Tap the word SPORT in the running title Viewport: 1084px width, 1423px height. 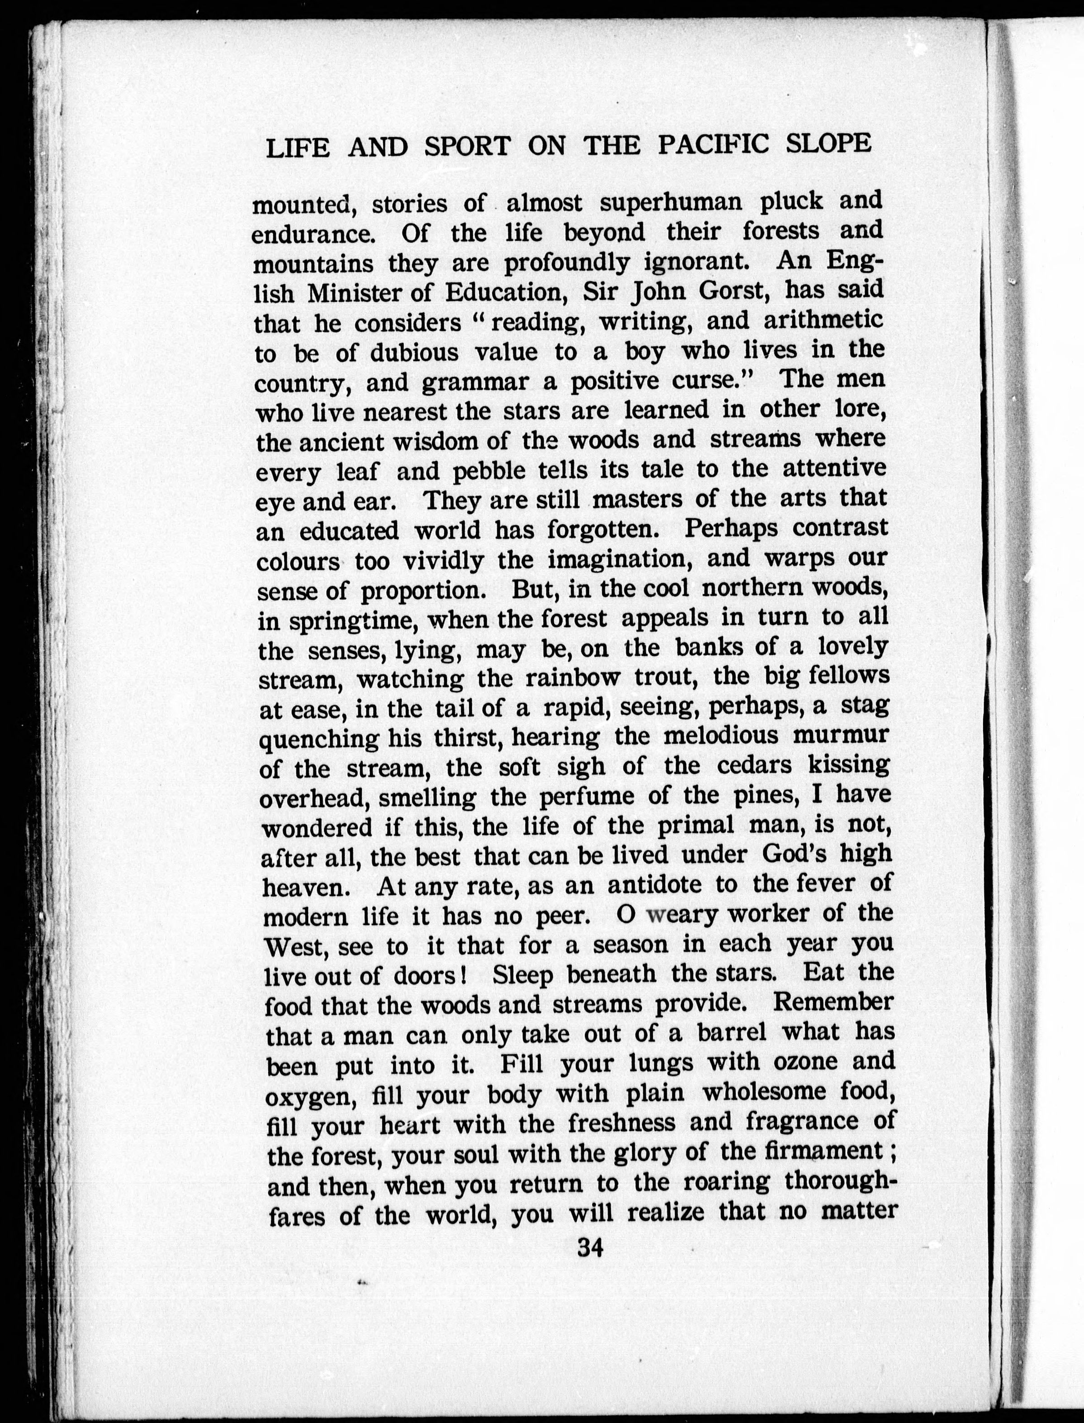(x=468, y=147)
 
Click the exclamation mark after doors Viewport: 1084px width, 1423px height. (x=464, y=974)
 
